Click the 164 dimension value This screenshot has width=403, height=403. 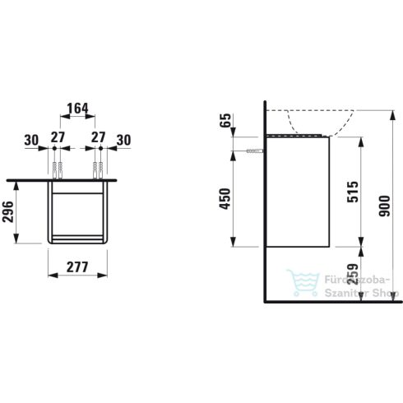click(x=77, y=108)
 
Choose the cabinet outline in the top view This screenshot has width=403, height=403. click(x=77, y=212)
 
